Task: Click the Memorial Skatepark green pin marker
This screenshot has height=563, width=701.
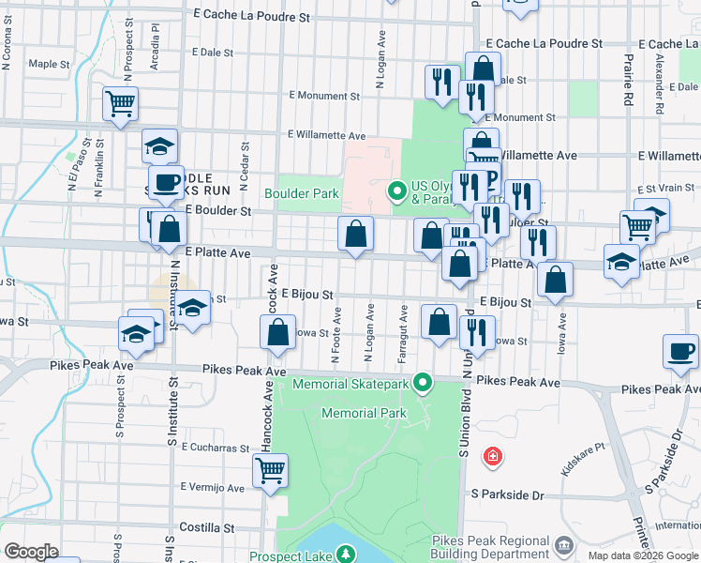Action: (424, 382)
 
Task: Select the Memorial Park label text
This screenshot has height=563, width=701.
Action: (365, 413)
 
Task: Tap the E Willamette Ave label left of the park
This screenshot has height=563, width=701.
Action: (326, 135)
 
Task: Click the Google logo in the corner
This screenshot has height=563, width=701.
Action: (31, 552)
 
